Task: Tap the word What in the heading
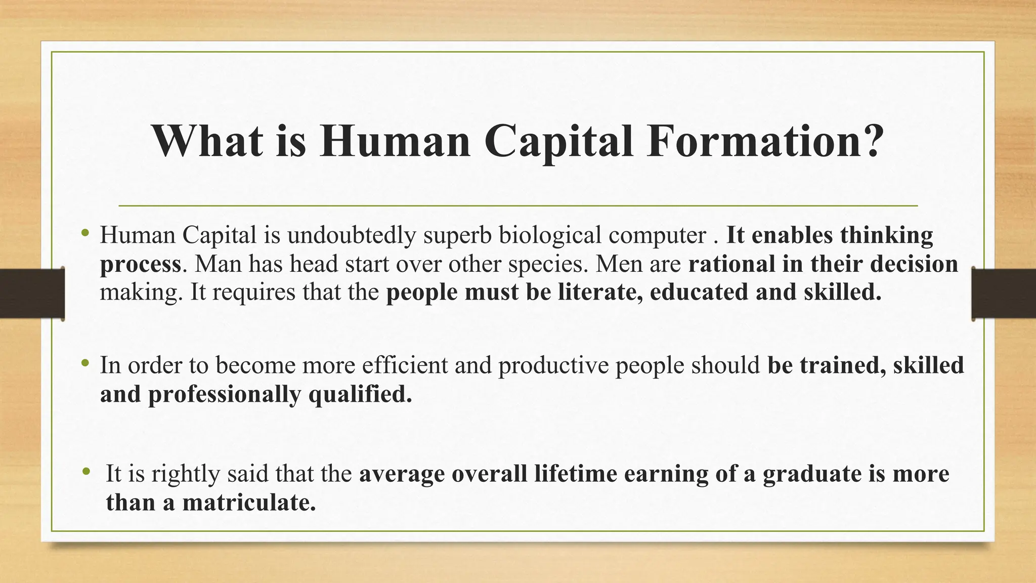(207, 141)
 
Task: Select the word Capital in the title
(558, 141)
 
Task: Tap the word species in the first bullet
(547, 265)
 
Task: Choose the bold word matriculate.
(248, 502)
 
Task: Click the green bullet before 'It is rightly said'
(87, 472)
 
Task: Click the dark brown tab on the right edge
(1004, 294)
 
